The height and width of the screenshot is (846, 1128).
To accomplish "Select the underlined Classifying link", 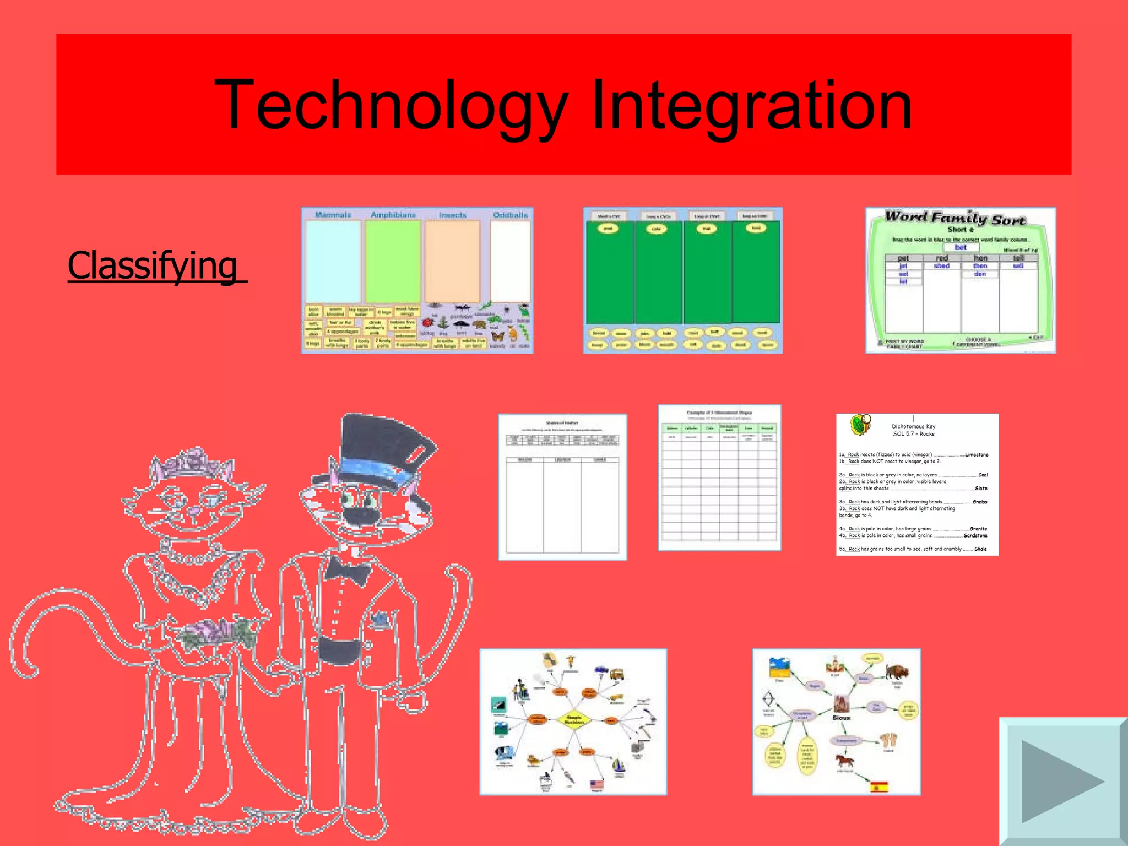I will click(x=156, y=265).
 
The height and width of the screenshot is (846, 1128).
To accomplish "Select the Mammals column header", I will click(x=333, y=214).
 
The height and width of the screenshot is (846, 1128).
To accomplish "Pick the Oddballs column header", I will click(x=510, y=214).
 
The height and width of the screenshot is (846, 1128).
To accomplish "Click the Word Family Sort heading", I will click(x=956, y=218).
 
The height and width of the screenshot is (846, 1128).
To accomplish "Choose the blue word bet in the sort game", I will click(x=961, y=247).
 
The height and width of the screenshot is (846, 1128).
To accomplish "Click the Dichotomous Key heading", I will click(x=913, y=426).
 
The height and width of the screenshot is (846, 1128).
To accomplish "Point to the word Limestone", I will click(x=977, y=454).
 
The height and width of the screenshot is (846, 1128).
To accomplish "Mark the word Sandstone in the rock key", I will click(x=975, y=535).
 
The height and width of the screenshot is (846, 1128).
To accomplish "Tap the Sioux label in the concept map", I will click(x=841, y=718).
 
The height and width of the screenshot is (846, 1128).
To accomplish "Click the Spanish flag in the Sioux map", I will click(x=880, y=787).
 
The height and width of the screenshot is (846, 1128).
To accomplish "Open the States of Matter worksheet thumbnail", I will click(x=562, y=487).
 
